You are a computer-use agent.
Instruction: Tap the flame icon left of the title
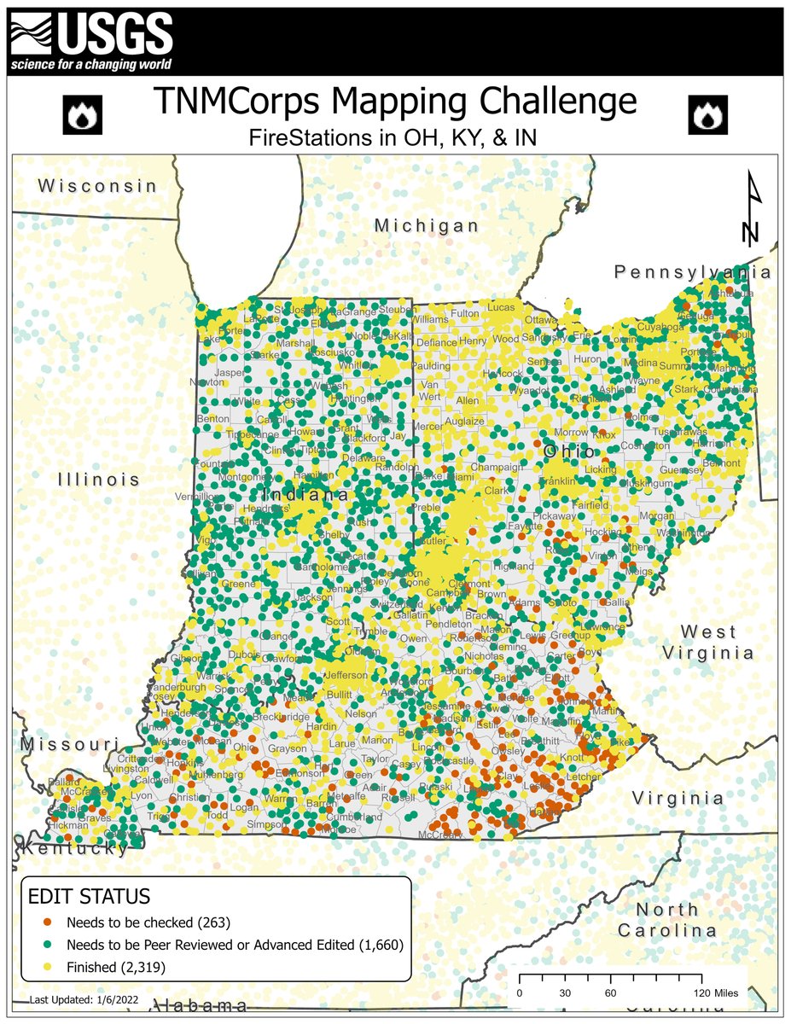pyautogui.click(x=83, y=115)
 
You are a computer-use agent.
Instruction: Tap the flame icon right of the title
pyautogui.click(x=707, y=115)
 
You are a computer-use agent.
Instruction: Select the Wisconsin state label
pyautogui.click(x=98, y=186)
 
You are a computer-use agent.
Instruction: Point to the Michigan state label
pyautogui.click(x=427, y=225)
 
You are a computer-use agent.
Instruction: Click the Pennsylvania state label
pyautogui.click(x=693, y=272)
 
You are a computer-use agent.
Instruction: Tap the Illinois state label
pyautogui.click(x=99, y=480)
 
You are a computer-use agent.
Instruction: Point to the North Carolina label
pyautogui.click(x=666, y=919)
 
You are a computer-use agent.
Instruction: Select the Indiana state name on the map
pyautogui.click(x=305, y=496)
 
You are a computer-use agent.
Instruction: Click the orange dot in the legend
pyautogui.click(x=36, y=922)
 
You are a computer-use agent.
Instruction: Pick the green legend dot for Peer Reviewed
pyautogui.click(x=36, y=945)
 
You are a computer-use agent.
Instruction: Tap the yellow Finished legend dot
pyautogui.click(x=36, y=967)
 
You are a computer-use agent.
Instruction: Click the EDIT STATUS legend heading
pyautogui.click(x=90, y=897)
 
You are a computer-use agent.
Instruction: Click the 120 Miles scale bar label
pyautogui.click(x=716, y=993)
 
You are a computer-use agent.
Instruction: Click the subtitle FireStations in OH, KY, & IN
pyautogui.click(x=394, y=137)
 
